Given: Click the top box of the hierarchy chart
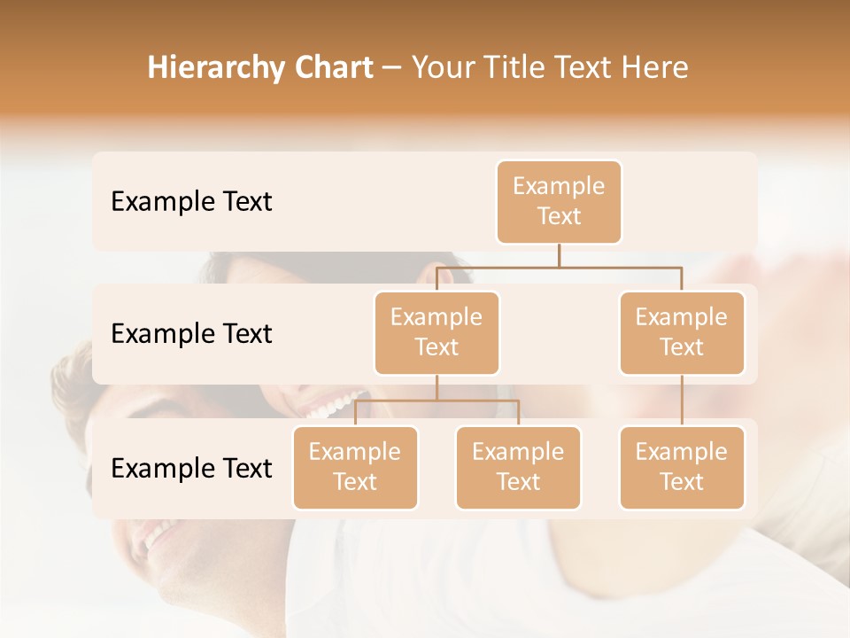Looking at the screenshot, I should [559, 202].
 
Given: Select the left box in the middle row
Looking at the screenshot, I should [437, 333].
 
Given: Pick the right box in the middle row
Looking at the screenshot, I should [682, 333].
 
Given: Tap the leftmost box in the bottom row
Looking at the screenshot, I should [355, 468].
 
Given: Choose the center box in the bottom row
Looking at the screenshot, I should [518, 468].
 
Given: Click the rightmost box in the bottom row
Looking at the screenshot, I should [682, 468].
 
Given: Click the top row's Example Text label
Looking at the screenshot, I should [191, 202].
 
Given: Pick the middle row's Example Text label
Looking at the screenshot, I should [191, 334].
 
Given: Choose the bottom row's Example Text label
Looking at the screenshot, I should [191, 469].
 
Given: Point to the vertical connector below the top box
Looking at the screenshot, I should [559, 254].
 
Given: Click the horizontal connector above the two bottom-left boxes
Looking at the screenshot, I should [437, 401].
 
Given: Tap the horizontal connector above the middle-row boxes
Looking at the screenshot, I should [559, 266].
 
